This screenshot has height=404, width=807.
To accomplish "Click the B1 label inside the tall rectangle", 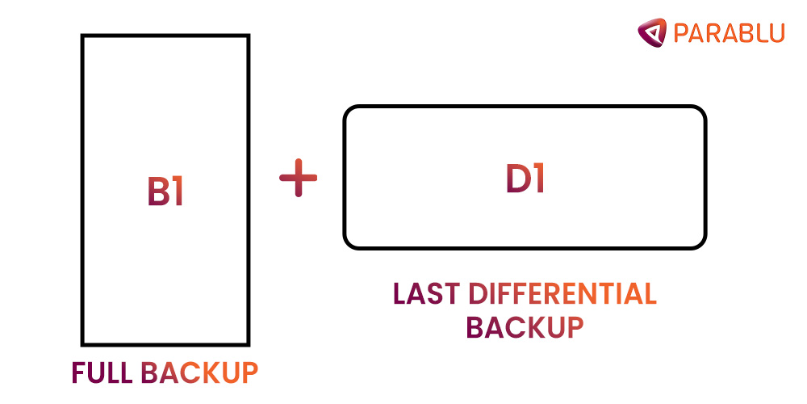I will [165, 191].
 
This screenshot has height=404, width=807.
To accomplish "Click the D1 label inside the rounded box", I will [525, 179].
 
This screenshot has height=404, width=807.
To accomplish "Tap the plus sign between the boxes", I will [299, 178].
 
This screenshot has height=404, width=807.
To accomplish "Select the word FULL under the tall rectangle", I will [102, 372].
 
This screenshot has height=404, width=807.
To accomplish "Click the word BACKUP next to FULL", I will [199, 372].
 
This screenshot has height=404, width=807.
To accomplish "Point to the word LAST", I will [426, 294].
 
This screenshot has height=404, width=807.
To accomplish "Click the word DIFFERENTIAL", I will [562, 294].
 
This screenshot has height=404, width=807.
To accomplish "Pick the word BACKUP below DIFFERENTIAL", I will [525, 327].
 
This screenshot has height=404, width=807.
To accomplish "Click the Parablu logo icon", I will [652, 32].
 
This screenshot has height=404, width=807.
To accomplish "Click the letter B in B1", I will [157, 191].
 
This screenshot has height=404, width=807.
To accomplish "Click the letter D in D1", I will [517, 179].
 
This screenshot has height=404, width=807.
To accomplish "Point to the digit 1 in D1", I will [538, 179].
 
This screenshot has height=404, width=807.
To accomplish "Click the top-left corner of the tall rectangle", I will [83, 36].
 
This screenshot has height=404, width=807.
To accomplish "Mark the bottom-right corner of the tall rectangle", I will [248, 343].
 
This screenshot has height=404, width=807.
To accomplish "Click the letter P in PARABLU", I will [679, 32].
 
